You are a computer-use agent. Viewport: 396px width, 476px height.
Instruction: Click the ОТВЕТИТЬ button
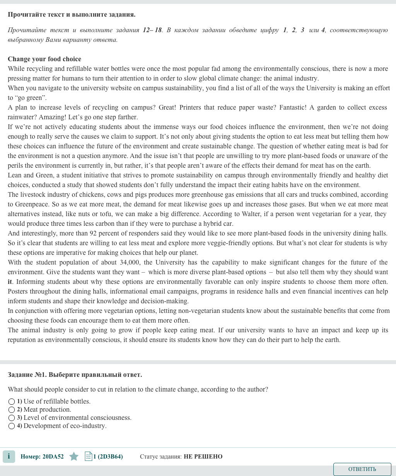362,469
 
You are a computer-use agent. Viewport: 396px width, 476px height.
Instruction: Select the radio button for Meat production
12,410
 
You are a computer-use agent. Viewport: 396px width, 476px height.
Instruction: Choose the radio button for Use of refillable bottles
12,402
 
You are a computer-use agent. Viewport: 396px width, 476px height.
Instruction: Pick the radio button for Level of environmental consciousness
12,418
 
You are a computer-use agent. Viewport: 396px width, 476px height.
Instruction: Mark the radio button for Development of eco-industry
12,426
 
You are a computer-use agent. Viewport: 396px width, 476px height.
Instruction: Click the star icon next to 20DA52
74,457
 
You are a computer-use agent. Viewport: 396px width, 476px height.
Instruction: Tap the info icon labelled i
9,457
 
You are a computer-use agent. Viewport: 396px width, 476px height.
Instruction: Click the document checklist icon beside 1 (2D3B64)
88,457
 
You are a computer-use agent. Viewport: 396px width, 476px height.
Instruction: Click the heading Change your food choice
44,59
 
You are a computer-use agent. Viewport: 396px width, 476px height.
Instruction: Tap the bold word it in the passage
10,282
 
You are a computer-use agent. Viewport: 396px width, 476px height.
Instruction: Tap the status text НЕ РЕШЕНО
203,457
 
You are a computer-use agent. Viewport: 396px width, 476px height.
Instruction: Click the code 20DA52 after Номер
53,457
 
